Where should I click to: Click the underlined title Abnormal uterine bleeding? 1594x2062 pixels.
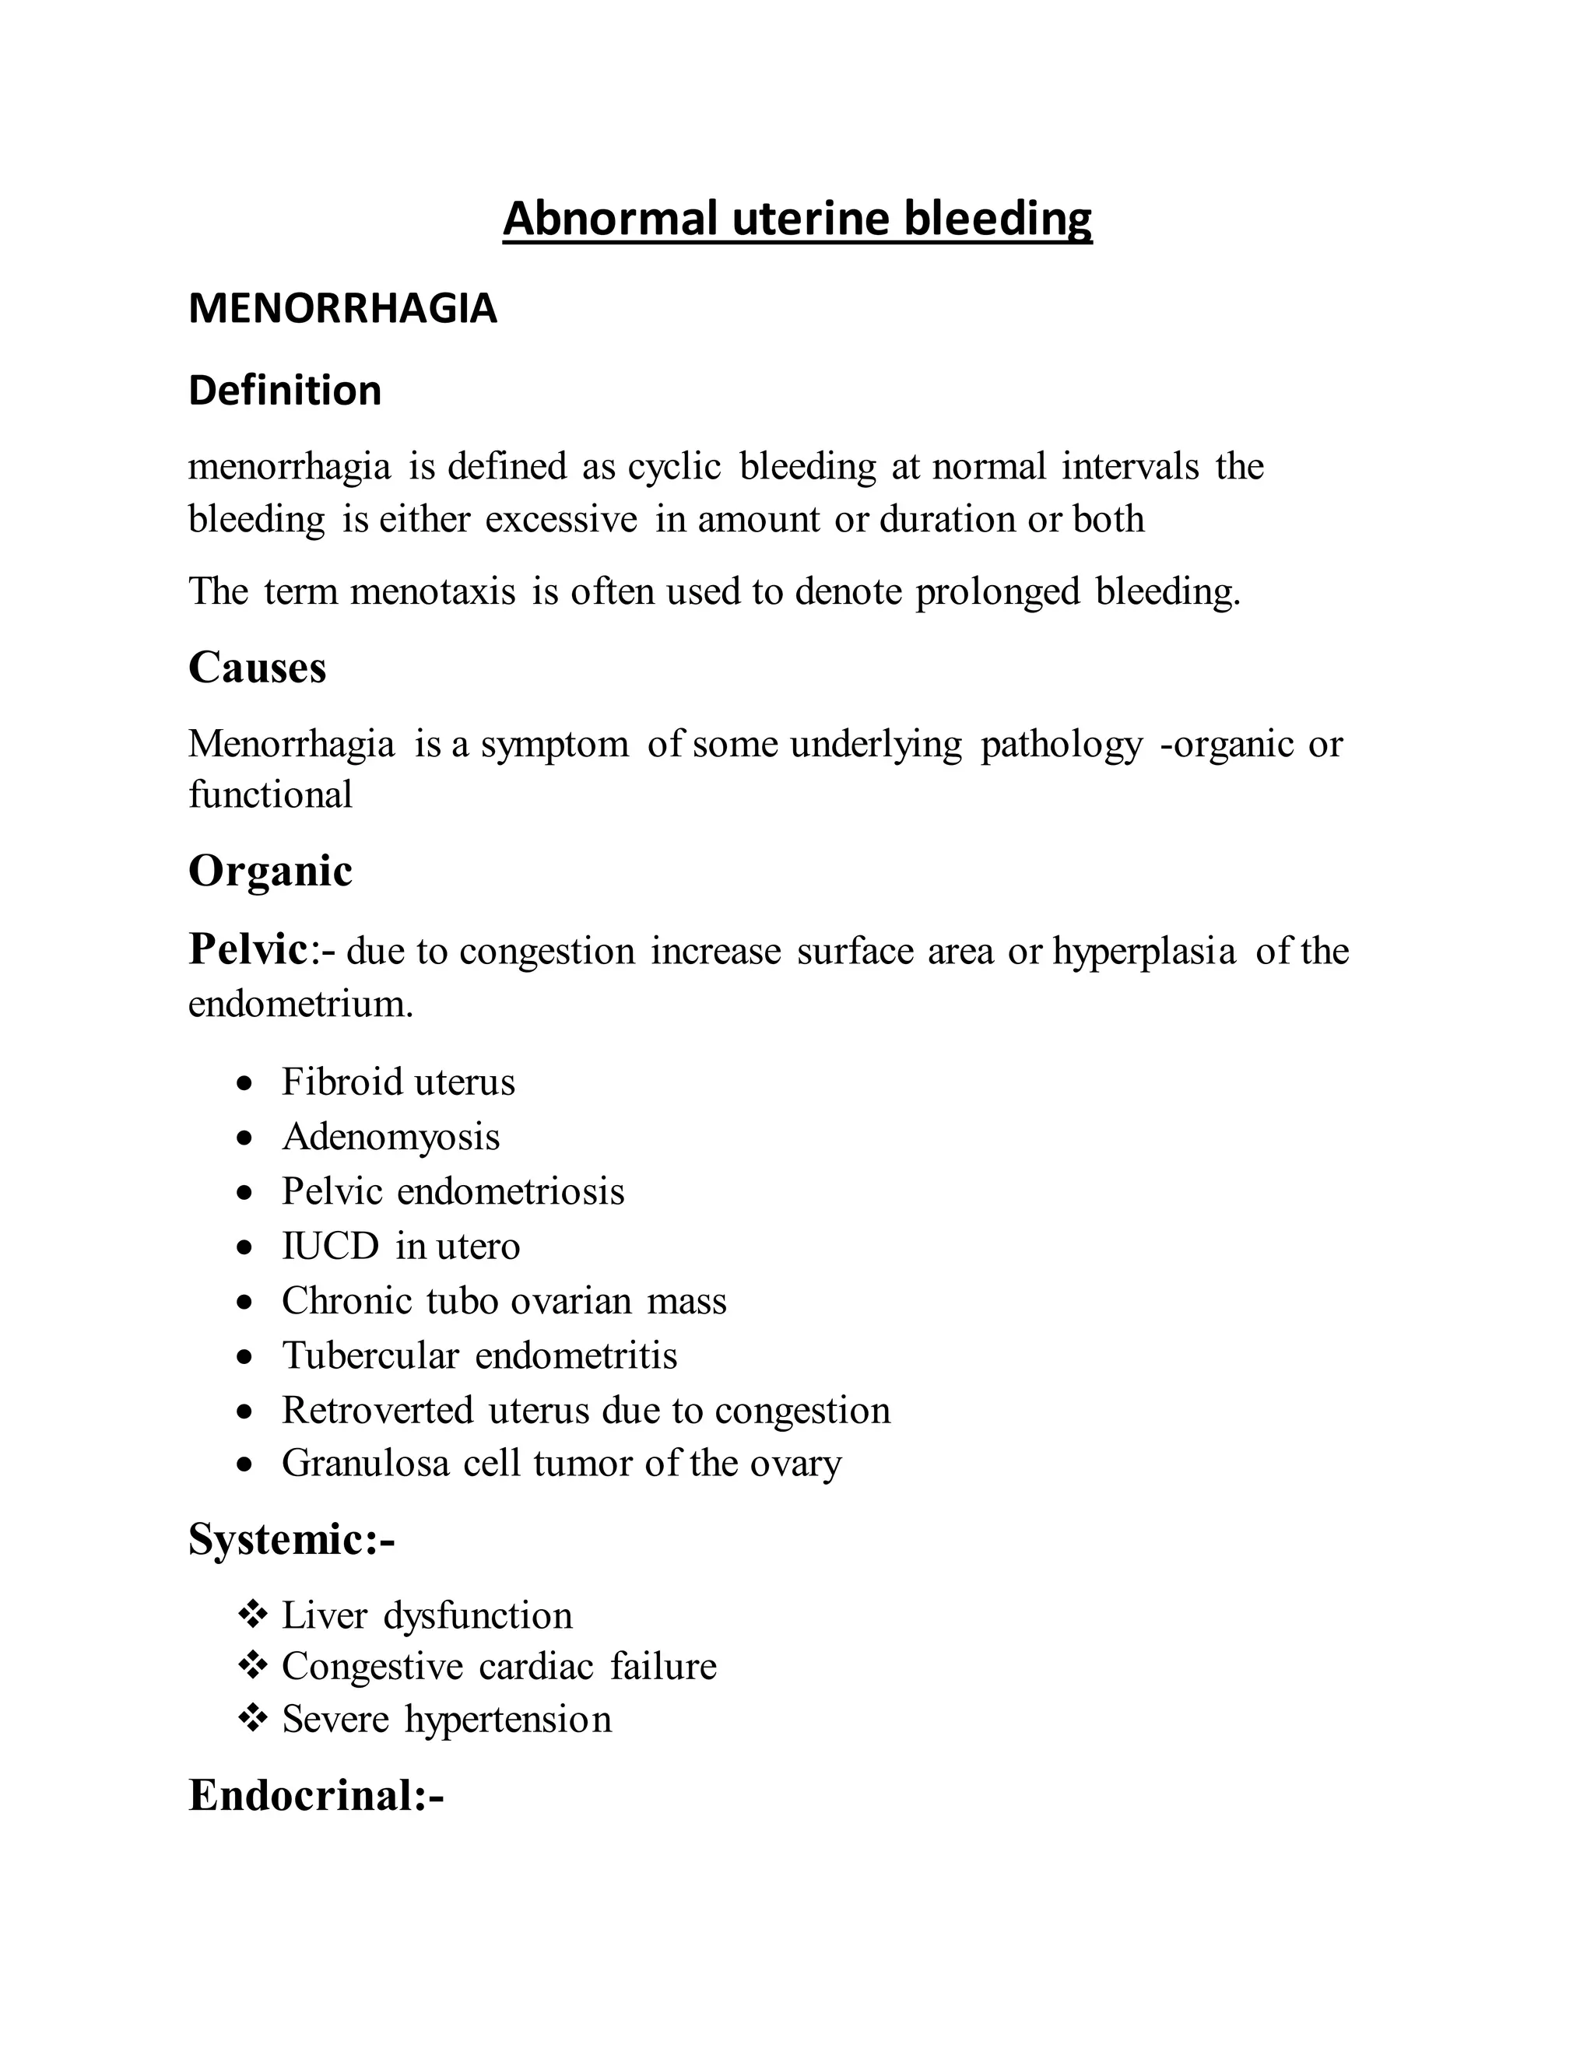(797, 218)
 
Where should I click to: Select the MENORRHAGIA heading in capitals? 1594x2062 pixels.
(342, 310)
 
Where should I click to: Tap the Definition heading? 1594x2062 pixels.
(285, 391)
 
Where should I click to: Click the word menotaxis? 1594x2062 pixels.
(433, 592)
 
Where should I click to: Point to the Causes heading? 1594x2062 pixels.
(257, 668)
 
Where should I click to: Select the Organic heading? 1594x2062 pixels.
(270, 871)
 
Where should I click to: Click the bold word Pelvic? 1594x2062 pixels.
(248, 949)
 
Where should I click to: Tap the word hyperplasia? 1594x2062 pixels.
(1143, 952)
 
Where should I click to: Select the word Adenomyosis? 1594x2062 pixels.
(391, 1137)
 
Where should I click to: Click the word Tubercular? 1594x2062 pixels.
(370, 1355)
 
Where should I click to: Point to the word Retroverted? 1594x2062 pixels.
(377, 1411)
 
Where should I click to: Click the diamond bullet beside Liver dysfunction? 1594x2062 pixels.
(251, 1615)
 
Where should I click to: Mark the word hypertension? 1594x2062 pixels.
(508, 1720)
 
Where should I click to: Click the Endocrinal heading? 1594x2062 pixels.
(315, 1796)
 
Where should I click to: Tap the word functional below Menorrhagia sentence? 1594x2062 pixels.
(270, 795)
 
